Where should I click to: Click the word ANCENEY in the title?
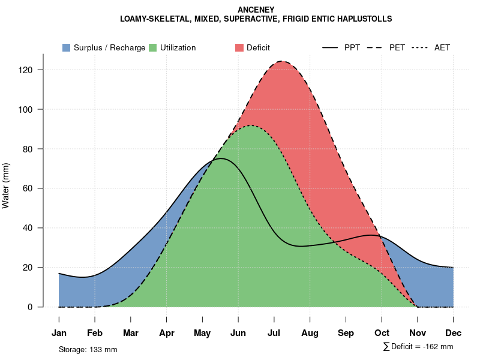click(x=256, y=10)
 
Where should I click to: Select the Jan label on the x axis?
click(x=59, y=333)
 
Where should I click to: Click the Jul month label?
click(x=274, y=333)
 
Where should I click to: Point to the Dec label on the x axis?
click(x=454, y=333)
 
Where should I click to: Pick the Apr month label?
click(x=167, y=333)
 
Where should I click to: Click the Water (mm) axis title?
click(x=6, y=185)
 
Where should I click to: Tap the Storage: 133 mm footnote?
click(x=88, y=349)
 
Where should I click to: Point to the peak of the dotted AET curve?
click(x=251, y=125)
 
